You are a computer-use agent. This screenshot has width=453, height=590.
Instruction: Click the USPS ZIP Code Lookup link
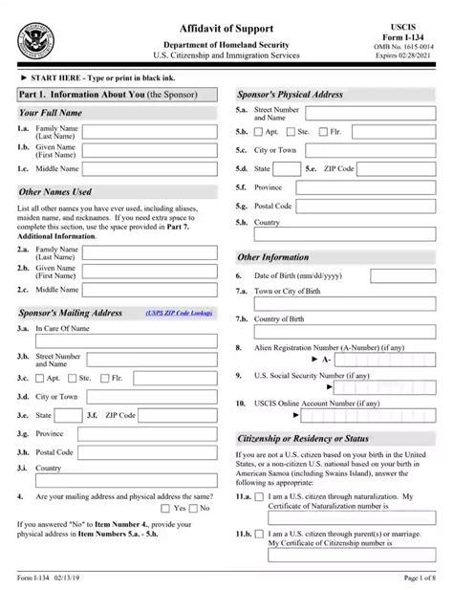coord(180,313)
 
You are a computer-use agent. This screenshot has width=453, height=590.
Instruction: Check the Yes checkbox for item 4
coord(166,508)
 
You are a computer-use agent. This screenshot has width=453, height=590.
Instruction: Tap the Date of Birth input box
coord(402,274)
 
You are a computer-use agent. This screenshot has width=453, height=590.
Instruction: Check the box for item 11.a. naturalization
coord(260,497)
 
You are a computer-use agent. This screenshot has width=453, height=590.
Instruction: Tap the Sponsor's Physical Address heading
coord(291,95)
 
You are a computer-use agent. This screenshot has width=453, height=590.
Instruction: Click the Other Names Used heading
coord(55,191)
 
